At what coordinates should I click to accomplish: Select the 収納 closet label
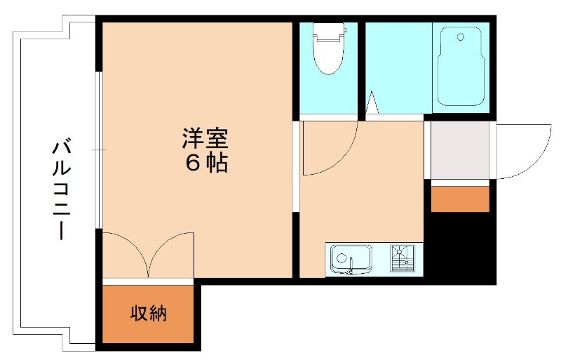(x=149, y=314)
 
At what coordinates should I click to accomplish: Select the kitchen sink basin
(x=351, y=259)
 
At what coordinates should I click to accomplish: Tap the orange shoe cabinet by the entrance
(x=459, y=199)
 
